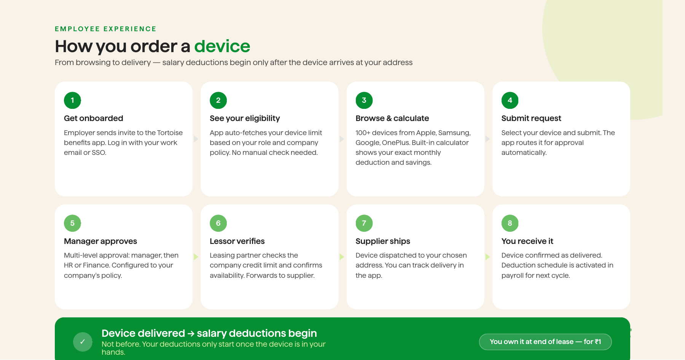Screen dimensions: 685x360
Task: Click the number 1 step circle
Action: [x=72, y=100]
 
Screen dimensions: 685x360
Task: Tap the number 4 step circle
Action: [x=510, y=100]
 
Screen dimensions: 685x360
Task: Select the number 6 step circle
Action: [x=218, y=223]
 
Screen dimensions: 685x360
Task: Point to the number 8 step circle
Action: [x=510, y=223]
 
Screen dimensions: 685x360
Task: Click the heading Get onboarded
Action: [x=94, y=118]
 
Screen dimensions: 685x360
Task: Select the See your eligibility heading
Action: [x=245, y=118]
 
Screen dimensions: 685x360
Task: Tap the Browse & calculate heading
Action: [x=392, y=118]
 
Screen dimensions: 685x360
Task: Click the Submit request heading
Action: [x=531, y=118]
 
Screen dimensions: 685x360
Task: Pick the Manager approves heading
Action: [x=100, y=241]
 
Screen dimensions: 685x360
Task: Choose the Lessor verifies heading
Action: [x=237, y=241]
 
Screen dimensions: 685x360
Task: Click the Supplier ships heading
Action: [x=383, y=241]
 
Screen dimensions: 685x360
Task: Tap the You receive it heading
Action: [x=527, y=241]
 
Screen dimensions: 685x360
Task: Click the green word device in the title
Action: [x=222, y=46]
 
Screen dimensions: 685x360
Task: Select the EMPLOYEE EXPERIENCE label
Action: [x=106, y=29]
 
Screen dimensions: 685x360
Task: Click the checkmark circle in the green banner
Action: [x=83, y=342]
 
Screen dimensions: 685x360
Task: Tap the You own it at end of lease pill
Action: [x=545, y=342]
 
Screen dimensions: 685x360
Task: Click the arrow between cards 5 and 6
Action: [x=196, y=257]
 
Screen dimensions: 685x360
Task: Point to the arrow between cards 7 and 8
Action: [x=487, y=257]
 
